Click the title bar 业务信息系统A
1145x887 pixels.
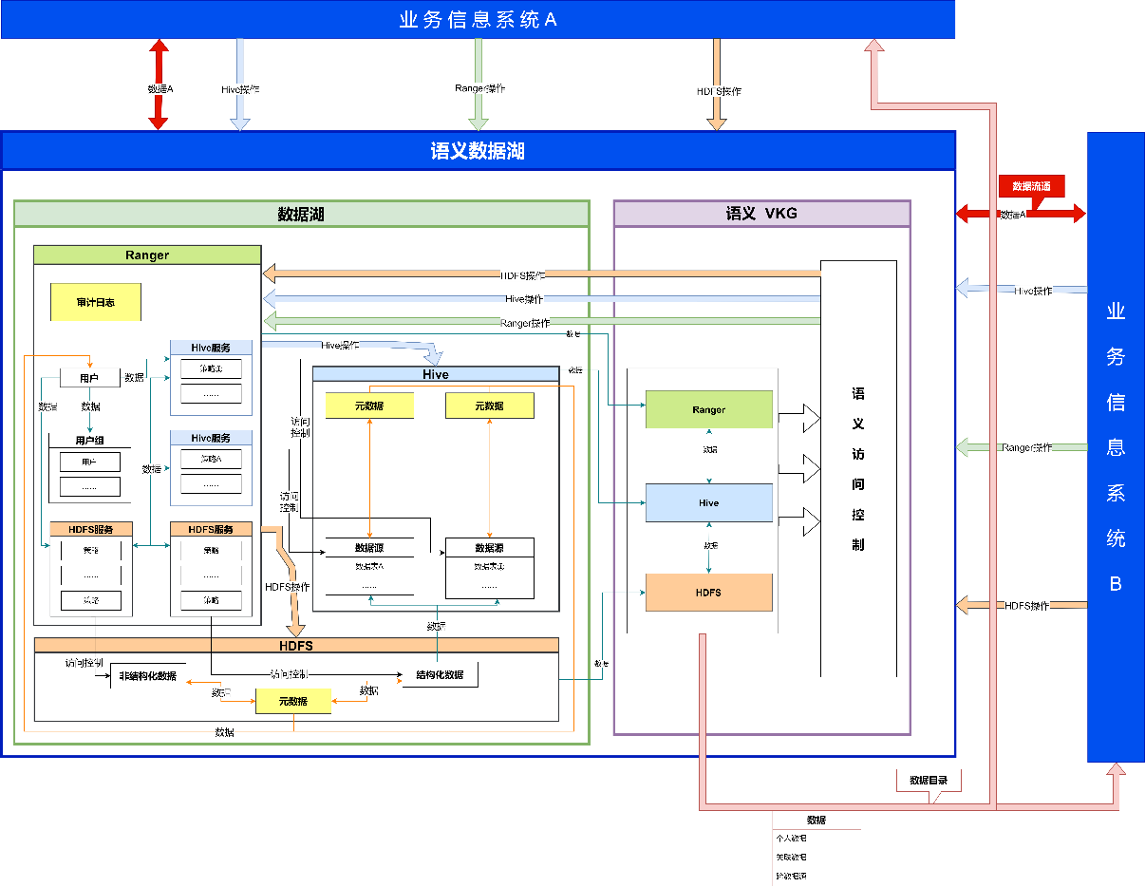478,19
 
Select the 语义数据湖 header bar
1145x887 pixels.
478,151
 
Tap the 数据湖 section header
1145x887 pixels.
301,214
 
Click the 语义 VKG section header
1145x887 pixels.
761,214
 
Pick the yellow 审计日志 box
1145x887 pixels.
96,302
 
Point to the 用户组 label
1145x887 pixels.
90,441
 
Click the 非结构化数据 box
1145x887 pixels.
148,675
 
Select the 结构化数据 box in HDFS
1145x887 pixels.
440,674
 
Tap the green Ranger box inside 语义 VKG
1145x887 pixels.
708,409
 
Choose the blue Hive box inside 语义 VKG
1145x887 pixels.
708,502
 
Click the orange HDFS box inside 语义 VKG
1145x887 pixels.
708,593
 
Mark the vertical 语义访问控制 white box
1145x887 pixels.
858,469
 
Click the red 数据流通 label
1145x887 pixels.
1031,186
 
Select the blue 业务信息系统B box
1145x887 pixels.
1116,446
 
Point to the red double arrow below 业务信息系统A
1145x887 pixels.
159,85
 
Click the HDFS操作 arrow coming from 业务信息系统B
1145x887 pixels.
1021,605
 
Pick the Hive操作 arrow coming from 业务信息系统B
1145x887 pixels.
1021,289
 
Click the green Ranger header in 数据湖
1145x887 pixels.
147,255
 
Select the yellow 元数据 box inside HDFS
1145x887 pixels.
293,701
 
